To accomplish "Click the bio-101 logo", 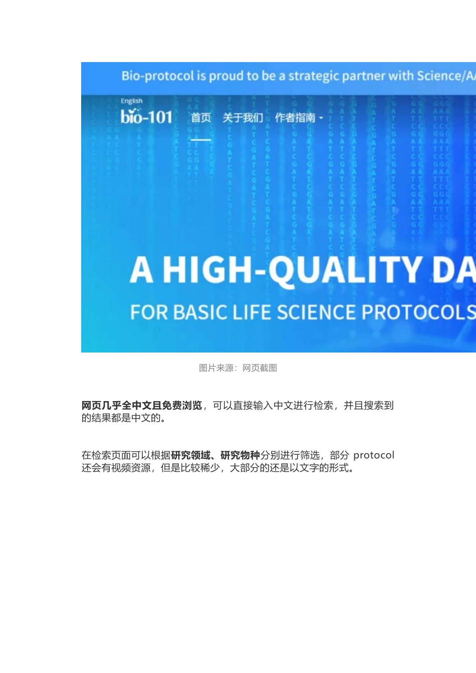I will [146, 117].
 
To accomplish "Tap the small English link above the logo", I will [131, 101].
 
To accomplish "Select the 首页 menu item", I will [201, 118].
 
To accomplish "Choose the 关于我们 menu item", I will [243, 118].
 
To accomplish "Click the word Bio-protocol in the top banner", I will [157, 76].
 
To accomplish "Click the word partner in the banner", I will [371, 76].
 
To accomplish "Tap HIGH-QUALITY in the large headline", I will [293, 270].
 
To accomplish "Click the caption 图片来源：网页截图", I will [238, 368].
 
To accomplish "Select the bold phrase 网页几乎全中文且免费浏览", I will [142, 405].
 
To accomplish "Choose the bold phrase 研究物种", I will [240, 455].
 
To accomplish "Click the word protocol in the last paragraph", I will [374, 455].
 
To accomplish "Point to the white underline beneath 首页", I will [201, 139].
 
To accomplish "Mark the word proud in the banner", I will [226, 76].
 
